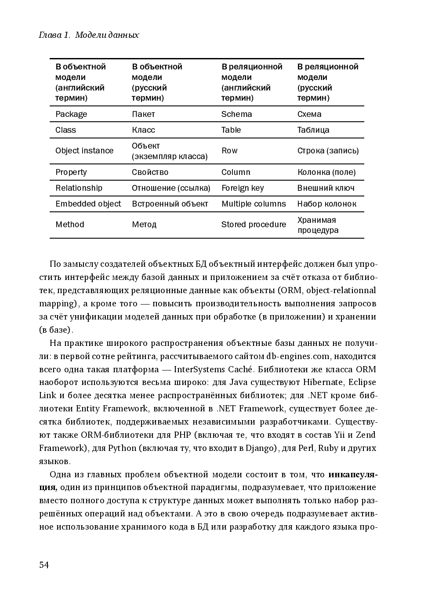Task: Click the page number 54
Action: click(44, 565)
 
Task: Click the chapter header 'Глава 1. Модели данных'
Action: click(89, 35)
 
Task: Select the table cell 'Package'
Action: click(71, 114)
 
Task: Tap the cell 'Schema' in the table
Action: click(236, 114)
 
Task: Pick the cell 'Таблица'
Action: click(313, 130)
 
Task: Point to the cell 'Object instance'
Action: click(84, 151)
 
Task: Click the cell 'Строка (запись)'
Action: click(328, 151)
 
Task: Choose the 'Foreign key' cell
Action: click(243, 188)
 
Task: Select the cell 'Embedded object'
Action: click(88, 204)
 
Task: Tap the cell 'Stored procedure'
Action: click(254, 225)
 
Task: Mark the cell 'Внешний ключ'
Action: click(326, 188)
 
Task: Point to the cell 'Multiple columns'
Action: click(254, 204)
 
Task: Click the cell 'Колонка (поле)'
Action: click(326, 172)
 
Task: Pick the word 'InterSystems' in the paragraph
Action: click(199, 369)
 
